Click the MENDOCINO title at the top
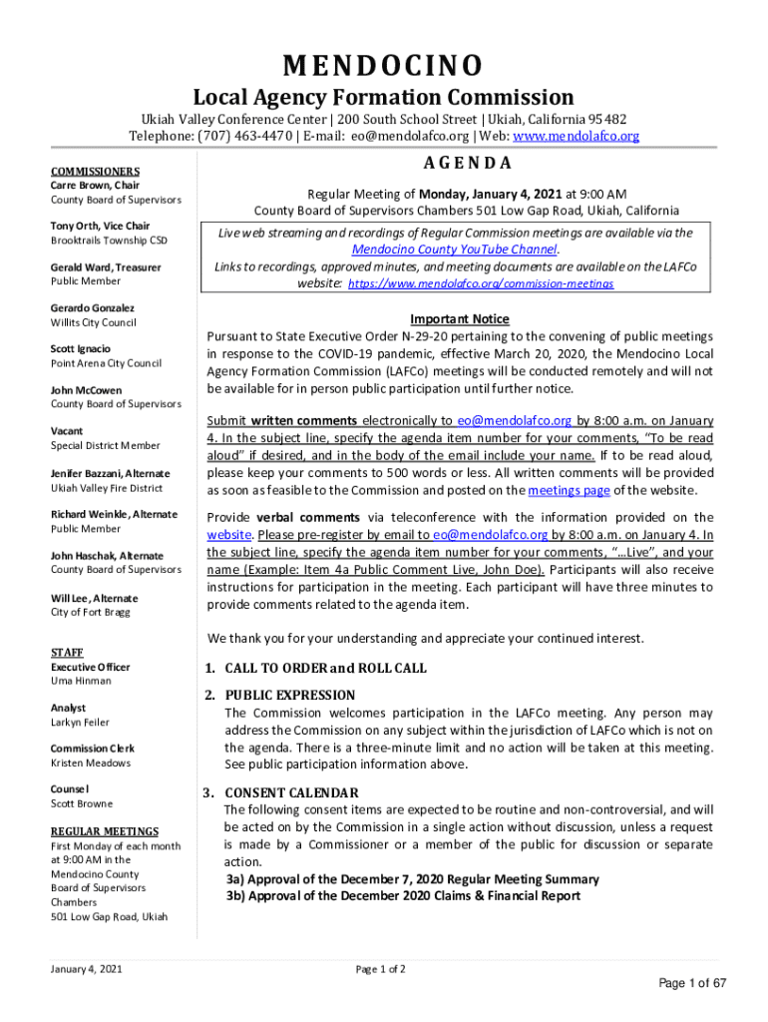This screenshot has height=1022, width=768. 383,66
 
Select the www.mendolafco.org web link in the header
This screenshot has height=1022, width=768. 576,136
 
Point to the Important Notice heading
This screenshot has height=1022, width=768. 460,319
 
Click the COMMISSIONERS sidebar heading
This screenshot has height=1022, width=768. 96,171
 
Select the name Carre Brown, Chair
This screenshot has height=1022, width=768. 95,186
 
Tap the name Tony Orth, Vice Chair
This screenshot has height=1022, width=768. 100,226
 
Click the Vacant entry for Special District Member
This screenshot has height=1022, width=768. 68,431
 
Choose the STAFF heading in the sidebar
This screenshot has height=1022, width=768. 67,653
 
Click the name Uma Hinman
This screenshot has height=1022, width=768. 81,681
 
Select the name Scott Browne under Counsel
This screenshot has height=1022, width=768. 82,803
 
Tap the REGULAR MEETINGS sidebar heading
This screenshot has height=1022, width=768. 105,831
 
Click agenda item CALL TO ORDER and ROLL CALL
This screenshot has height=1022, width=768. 325,668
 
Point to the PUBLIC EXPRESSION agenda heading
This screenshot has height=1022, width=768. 289,695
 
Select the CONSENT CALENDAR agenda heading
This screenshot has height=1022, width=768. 291,792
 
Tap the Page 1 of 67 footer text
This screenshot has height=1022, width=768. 692,983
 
